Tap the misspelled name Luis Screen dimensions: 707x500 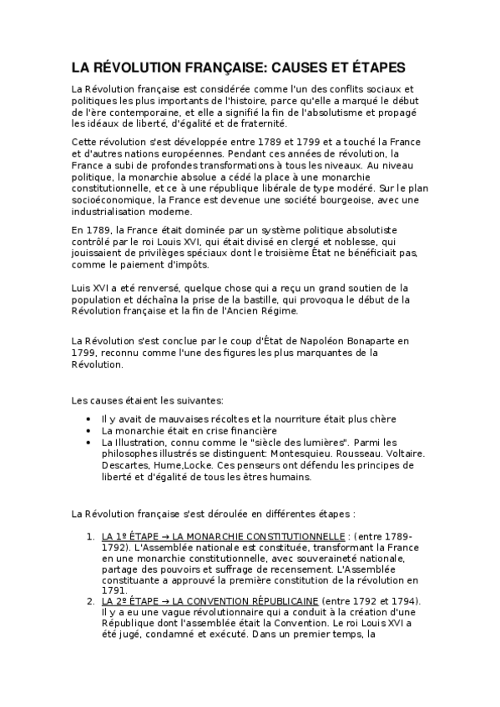pyautogui.click(x=82, y=288)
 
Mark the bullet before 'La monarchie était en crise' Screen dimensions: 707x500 pyautogui.click(x=90, y=430)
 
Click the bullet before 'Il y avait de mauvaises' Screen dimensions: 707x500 pyautogui.click(x=90, y=419)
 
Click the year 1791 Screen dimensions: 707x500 pyautogui.click(x=113, y=589)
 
